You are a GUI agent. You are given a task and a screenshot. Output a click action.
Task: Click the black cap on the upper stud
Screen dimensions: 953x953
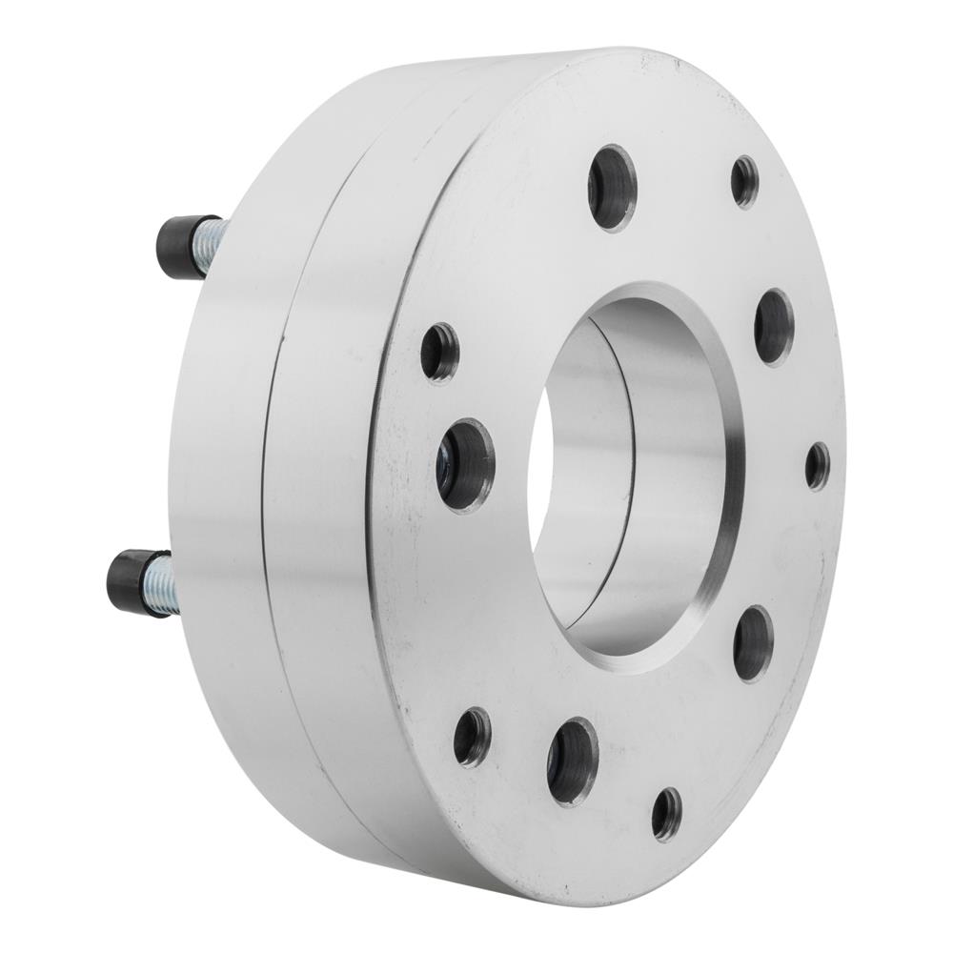(x=177, y=245)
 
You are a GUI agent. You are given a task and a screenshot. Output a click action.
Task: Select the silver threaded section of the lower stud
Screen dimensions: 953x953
(x=159, y=584)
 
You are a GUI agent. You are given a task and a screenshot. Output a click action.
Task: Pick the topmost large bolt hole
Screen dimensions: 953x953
(x=612, y=187)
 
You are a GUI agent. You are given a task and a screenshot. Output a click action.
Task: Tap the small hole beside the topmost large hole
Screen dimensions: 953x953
(x=744, y=181)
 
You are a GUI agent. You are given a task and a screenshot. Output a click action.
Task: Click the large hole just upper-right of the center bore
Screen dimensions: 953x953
(x=774, y=326)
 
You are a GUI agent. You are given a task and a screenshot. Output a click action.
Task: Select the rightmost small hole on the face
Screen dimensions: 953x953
(x=817, y=466)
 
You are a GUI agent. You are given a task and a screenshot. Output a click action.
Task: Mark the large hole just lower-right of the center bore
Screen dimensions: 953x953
(x=753, y=642)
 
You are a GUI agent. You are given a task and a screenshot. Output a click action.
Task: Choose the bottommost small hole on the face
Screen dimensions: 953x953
(x=666, y=813)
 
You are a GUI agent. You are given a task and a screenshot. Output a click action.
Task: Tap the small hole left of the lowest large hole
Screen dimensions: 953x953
(x=472, y=737)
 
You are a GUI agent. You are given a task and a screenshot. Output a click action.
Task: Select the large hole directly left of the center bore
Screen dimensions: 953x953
(x=465, y=464)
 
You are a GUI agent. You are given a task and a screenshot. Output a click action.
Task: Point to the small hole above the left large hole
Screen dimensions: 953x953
(x=439, y=352)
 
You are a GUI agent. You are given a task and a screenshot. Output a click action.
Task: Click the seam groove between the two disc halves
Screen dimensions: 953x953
(x=276, y=476)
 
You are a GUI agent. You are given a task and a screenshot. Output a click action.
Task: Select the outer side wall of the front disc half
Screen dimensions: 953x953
(x=324, y=496)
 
